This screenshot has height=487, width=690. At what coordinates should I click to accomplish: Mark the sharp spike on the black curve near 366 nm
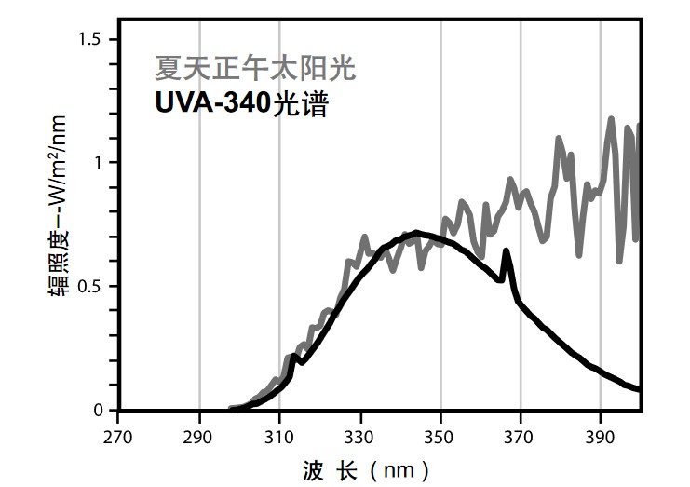[506, 250]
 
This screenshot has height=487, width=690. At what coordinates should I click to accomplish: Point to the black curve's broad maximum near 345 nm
[416, 233]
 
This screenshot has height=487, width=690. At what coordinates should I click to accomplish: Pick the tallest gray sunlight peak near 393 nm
[612, 119]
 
